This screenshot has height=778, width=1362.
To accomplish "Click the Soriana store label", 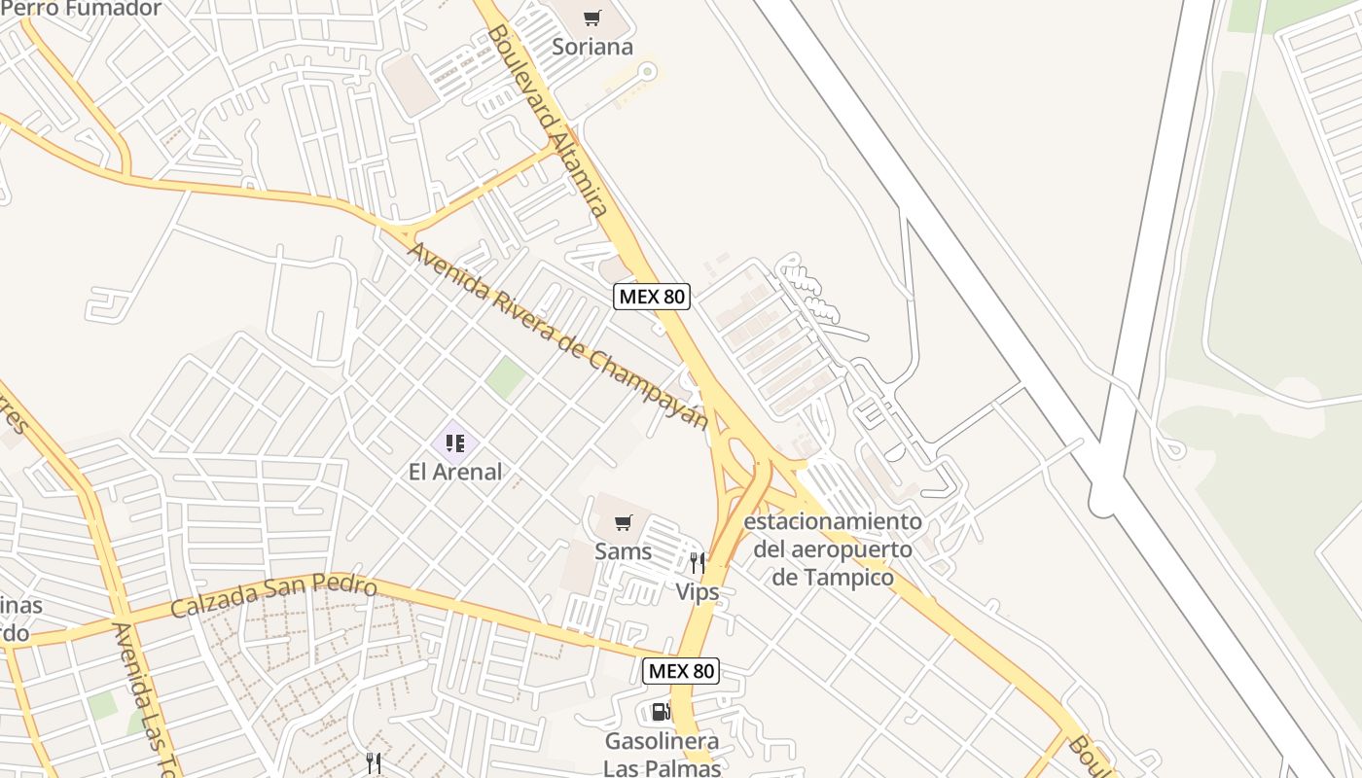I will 592,47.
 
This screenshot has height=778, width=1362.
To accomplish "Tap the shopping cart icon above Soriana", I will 592,18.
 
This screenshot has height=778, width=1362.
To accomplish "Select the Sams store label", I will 624,551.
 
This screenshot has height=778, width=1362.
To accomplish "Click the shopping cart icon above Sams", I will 624,522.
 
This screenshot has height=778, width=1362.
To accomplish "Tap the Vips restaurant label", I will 698,591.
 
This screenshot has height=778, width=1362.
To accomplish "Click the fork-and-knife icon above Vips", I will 698,562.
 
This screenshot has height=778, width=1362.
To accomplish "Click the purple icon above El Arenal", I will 454,444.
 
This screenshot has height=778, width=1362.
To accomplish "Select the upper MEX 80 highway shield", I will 652,297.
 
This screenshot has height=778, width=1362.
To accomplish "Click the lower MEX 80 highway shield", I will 681,670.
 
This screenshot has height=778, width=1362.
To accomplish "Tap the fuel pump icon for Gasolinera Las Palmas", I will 662,712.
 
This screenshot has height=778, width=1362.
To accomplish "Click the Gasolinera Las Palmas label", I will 662,755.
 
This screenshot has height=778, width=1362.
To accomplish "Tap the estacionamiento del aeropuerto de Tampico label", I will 833,549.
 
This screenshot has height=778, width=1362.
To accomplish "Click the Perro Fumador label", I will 83,10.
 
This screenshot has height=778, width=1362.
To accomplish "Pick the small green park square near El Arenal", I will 506,377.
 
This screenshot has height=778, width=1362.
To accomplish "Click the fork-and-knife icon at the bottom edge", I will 373,762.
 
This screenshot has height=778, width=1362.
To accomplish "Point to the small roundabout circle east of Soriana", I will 647,70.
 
